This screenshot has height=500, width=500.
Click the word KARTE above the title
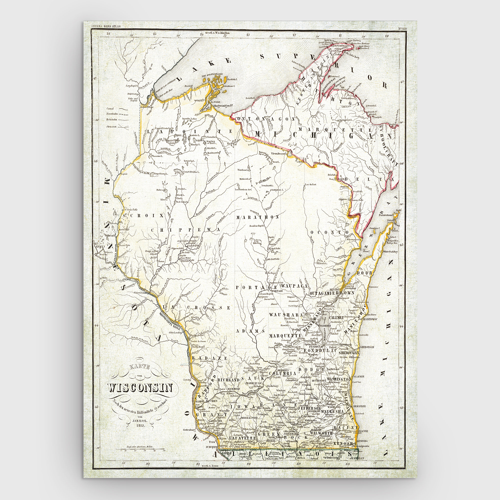(x=140, y=367)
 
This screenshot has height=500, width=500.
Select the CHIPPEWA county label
(x=185, y=229)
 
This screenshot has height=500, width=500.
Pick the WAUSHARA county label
(x=286, y=315)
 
